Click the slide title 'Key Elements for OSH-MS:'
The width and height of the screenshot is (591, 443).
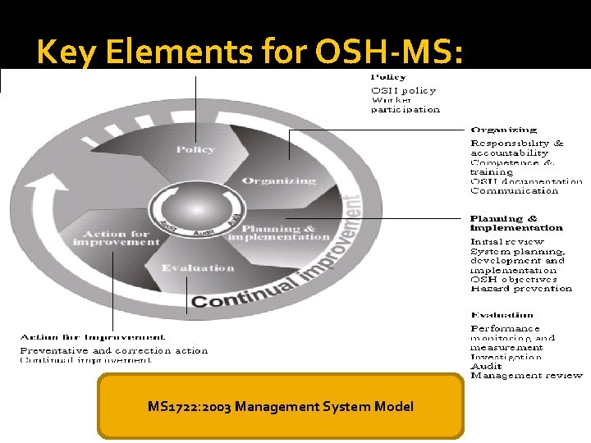[x=250, y=53]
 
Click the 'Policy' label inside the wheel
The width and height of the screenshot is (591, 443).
[x=195, y=149]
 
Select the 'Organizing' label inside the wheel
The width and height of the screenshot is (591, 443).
[x=279, y=180]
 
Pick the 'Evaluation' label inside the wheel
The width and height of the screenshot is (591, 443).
[x=198, y=268]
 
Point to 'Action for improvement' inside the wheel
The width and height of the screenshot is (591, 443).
[x=116, y=238]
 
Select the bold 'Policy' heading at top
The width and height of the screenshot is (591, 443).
[x=388, y=77]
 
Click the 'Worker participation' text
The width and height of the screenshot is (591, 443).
[x=405, y=104]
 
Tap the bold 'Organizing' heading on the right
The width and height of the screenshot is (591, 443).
[x=504, y=130]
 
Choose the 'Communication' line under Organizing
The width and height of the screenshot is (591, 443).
[x=514, y=191]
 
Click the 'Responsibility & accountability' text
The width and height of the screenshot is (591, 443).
[x=517, y=148]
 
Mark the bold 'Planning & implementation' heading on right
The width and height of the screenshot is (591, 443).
[x=516, y=223]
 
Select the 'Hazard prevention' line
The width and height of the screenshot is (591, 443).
[x=521, y=289]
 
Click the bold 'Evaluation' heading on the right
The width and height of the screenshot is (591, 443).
[x=502, y=315]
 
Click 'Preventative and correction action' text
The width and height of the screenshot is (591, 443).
[x=114, y=350]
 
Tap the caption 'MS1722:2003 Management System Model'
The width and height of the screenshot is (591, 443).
[x=281, y=406]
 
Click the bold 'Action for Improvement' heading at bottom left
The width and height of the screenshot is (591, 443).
[x=93, y=337]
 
